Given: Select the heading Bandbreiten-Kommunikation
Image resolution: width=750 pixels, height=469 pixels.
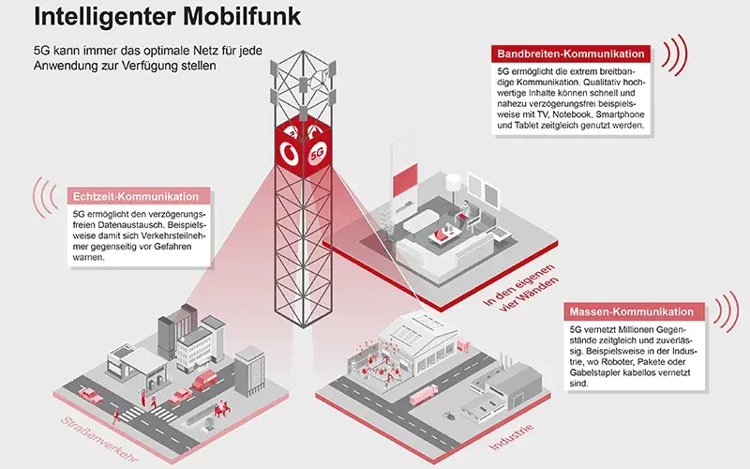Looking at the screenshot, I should pos(568,54).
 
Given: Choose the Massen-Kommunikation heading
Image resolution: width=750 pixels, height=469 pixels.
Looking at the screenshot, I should pos(631,311).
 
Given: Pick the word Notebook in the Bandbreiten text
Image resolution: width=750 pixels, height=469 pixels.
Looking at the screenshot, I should pos(592,113).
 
